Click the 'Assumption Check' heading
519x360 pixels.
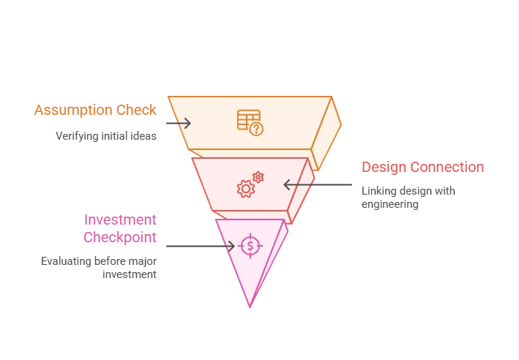(95, 110)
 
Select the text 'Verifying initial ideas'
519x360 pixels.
(106, 136)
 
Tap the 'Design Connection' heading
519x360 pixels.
(422, 168)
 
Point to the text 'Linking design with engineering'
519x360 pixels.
(408, 198)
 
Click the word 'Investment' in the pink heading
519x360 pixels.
(120, 220)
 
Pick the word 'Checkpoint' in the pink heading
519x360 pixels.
(119, 238)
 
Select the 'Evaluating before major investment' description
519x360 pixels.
(98, 268)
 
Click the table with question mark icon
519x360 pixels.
(250, 122)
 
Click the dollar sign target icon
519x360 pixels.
(250, 246)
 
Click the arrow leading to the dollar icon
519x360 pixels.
(200, 246)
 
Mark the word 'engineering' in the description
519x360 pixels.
(389, 204)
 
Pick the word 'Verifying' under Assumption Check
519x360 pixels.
(76, 136)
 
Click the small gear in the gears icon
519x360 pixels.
(258, 177)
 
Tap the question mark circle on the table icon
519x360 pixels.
(256, 130)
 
